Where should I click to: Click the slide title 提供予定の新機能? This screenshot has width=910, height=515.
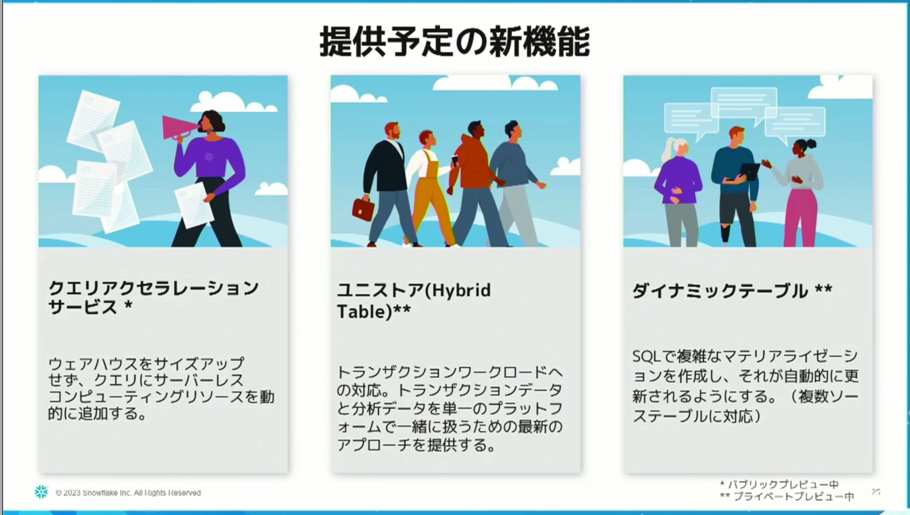(454, 41)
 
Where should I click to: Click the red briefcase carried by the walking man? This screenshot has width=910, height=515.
(363, 209)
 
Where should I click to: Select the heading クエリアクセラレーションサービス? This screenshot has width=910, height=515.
(153, 298)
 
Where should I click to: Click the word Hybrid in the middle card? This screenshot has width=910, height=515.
(460, 291)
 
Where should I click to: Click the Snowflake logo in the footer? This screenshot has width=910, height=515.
(41, 492)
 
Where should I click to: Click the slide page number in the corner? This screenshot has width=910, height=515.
(875, 492)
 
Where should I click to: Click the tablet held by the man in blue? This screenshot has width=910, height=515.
(749, 171)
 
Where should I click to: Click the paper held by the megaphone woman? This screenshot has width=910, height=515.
(194, 205)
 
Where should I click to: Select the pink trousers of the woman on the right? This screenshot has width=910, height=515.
(799, 217)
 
